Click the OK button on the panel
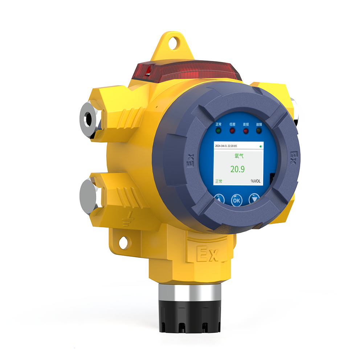[x=236, y=200]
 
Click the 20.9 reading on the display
[x=237, y=169]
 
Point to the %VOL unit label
[x=256, y=181]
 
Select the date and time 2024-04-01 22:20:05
[x=226, y=146]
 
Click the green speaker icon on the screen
[x=261, y=146]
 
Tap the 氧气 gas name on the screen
[x=239, y=156]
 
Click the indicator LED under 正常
[x=218, y=131]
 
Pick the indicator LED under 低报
[x=232, y=131]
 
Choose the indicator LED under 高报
[x=246, y=131]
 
